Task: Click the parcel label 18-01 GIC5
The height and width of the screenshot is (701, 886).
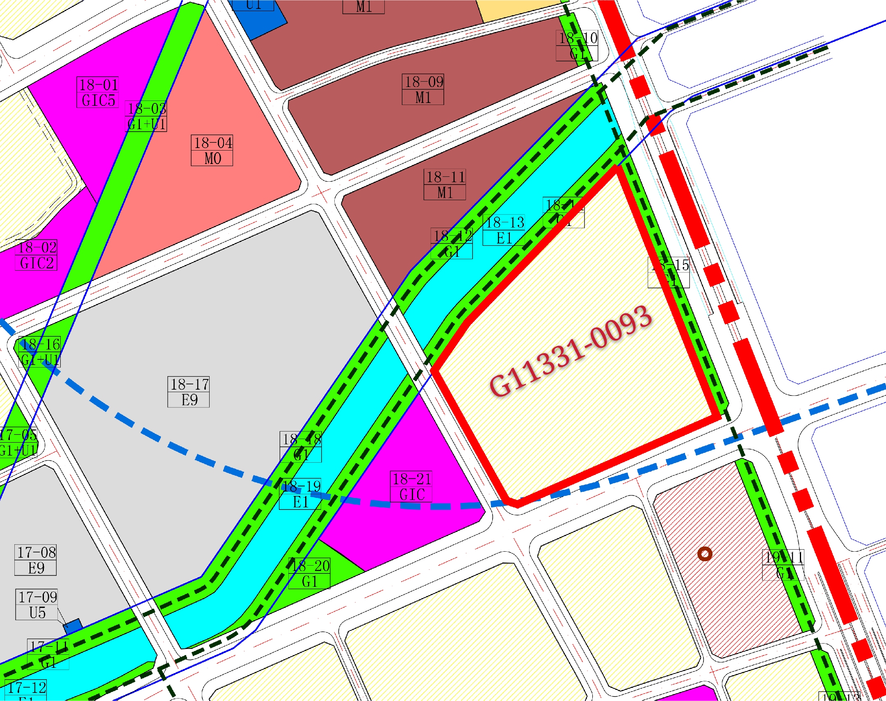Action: tap(98, 92)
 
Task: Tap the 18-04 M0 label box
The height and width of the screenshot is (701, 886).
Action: tap(212, 151)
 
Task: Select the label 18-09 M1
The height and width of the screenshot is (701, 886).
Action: tap(422, 89)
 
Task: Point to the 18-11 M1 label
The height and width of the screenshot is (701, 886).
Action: tap(445, 185)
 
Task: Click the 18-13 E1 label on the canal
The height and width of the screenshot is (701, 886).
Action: tap(504, 230)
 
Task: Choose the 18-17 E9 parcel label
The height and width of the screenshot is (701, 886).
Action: tap(188, 392)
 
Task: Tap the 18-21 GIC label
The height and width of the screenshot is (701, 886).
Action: tap(411, 486)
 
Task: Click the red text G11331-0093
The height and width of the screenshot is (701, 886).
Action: tap(571, 352)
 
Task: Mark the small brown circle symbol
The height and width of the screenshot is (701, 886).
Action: tap(705, 555)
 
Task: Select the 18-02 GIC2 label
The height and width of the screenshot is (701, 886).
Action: tap(36, 255)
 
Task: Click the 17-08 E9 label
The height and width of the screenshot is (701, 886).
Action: tap(36, 560)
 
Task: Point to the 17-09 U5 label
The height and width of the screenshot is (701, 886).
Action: tap(37, 605)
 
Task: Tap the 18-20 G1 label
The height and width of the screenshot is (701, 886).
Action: tap(309, 573)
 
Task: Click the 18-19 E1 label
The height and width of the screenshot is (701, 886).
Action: tap(300, 494)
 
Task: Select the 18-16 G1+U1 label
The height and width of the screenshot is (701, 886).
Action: tap(40, 352)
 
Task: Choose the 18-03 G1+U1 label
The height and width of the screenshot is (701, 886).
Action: tap(146, 116)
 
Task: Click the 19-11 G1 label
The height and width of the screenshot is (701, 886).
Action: tap(783, 565)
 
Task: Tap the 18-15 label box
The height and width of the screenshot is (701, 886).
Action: tap(668, 272)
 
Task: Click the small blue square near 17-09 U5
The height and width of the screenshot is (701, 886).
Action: tap(73, 626)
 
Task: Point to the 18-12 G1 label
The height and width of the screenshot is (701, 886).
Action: tap(452, 243)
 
